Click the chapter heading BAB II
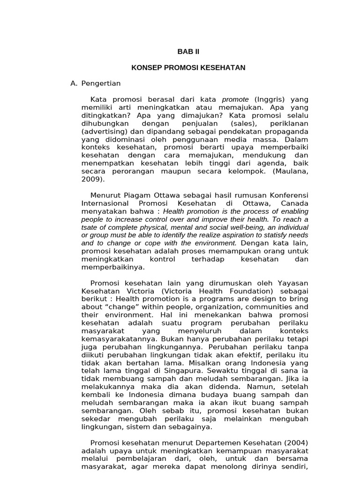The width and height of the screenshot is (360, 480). [x=188, y=52]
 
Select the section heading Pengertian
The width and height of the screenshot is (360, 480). [x=101, y=83]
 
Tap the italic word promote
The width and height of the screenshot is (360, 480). [x=235, y=99]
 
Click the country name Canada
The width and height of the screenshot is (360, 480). [x=295, y=203]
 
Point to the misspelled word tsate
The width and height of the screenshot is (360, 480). [x=90, y=227]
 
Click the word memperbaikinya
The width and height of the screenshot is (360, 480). [x=113, y=268]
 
